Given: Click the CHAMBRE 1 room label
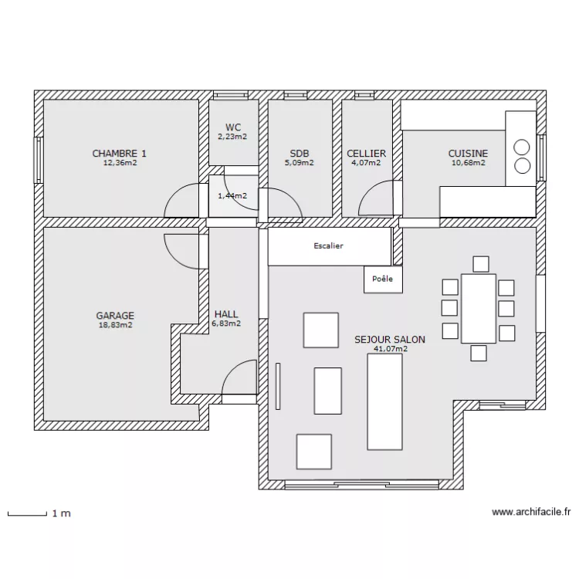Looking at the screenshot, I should [x=120, y=154].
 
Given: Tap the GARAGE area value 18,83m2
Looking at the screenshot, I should [x=115, y=326].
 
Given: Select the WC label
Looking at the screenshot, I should [x=233, y=127].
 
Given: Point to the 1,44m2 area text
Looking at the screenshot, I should [x=232, y=196].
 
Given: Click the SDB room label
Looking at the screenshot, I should [x=300, y=154].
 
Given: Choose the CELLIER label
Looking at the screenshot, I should [x=366, y=154].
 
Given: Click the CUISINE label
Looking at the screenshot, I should [x=468, y=154].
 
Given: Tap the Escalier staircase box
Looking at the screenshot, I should [x=329, y=246].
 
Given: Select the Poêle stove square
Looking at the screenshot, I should [x=383, y=279].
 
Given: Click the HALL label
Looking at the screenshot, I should [x=226, y=314].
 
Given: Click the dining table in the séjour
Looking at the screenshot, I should [x=478, y=308].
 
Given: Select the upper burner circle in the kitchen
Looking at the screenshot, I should [x=522, y=147].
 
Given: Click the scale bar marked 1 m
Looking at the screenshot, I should [x=27, y=512].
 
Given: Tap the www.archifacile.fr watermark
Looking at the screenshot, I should [x=531, y=512].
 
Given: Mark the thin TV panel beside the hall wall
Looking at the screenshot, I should [x=277, y=384].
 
